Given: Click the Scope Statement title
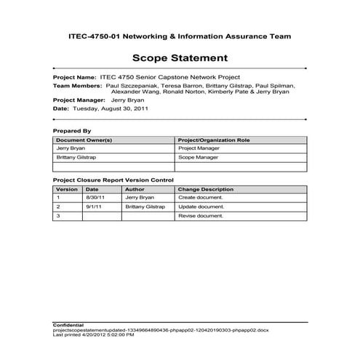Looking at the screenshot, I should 180,58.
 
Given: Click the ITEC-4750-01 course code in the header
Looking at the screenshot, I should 87,34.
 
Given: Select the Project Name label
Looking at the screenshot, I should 74,76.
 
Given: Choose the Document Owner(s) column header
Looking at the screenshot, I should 84,138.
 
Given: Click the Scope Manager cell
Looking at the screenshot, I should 197,156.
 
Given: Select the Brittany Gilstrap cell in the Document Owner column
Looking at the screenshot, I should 77,156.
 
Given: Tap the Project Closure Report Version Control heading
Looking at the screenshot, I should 113,179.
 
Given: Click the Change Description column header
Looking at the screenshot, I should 206,188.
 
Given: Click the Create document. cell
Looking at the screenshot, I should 200,197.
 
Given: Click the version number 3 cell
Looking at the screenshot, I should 57,216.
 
